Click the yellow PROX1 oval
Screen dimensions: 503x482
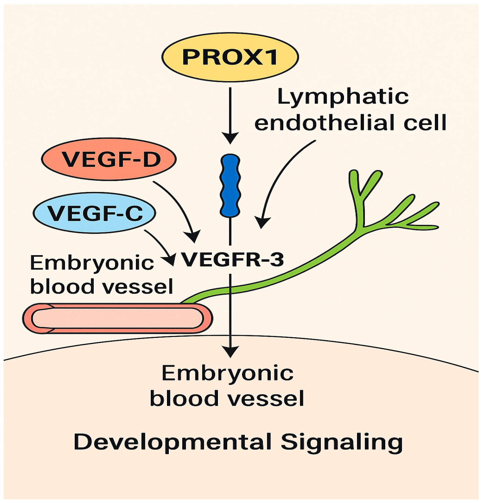tap(230, 57)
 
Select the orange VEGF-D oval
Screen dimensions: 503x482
tap(109, 159)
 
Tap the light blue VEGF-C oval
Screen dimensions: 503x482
tap(94, 213)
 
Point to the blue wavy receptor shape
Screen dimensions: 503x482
tap(230, 186)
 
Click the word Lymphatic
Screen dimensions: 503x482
tap(342, 97)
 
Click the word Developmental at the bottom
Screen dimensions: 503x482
tap(172, 442)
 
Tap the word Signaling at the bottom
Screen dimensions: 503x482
tap(342, 442)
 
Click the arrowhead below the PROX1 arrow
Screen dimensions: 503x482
tap(230, 138)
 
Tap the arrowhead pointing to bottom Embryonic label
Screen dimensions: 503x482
tap(231, 352)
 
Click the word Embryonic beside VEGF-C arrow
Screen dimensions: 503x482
tap(92, 263)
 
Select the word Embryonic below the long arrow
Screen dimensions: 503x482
tap(227, 374)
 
